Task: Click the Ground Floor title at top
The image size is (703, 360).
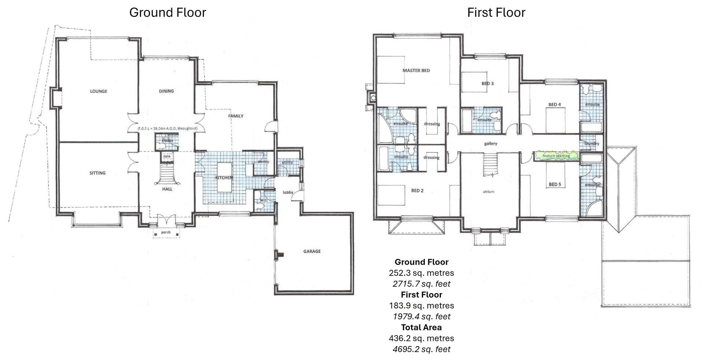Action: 168,12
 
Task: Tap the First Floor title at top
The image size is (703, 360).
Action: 496,12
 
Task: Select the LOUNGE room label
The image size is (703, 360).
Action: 98,91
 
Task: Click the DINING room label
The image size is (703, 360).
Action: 166,91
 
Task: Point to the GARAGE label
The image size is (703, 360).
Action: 312,251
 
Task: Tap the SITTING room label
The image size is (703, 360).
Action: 97,173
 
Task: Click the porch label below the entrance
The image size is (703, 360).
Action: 166,232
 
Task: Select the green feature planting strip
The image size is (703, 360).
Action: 556,156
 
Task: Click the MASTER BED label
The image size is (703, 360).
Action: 416,70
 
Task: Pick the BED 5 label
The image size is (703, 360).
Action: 555,184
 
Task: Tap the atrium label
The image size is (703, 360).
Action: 488,192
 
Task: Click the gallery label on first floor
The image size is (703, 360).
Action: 491,144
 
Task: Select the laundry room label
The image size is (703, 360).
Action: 592,143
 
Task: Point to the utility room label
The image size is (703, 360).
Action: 287,162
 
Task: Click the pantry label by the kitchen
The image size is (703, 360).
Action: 263,162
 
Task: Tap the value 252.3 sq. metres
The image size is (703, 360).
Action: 421,273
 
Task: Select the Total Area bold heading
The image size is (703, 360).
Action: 421,327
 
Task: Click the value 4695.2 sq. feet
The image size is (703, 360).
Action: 421,349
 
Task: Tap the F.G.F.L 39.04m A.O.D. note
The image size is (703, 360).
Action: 168,129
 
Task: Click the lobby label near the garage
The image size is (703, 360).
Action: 288,192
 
